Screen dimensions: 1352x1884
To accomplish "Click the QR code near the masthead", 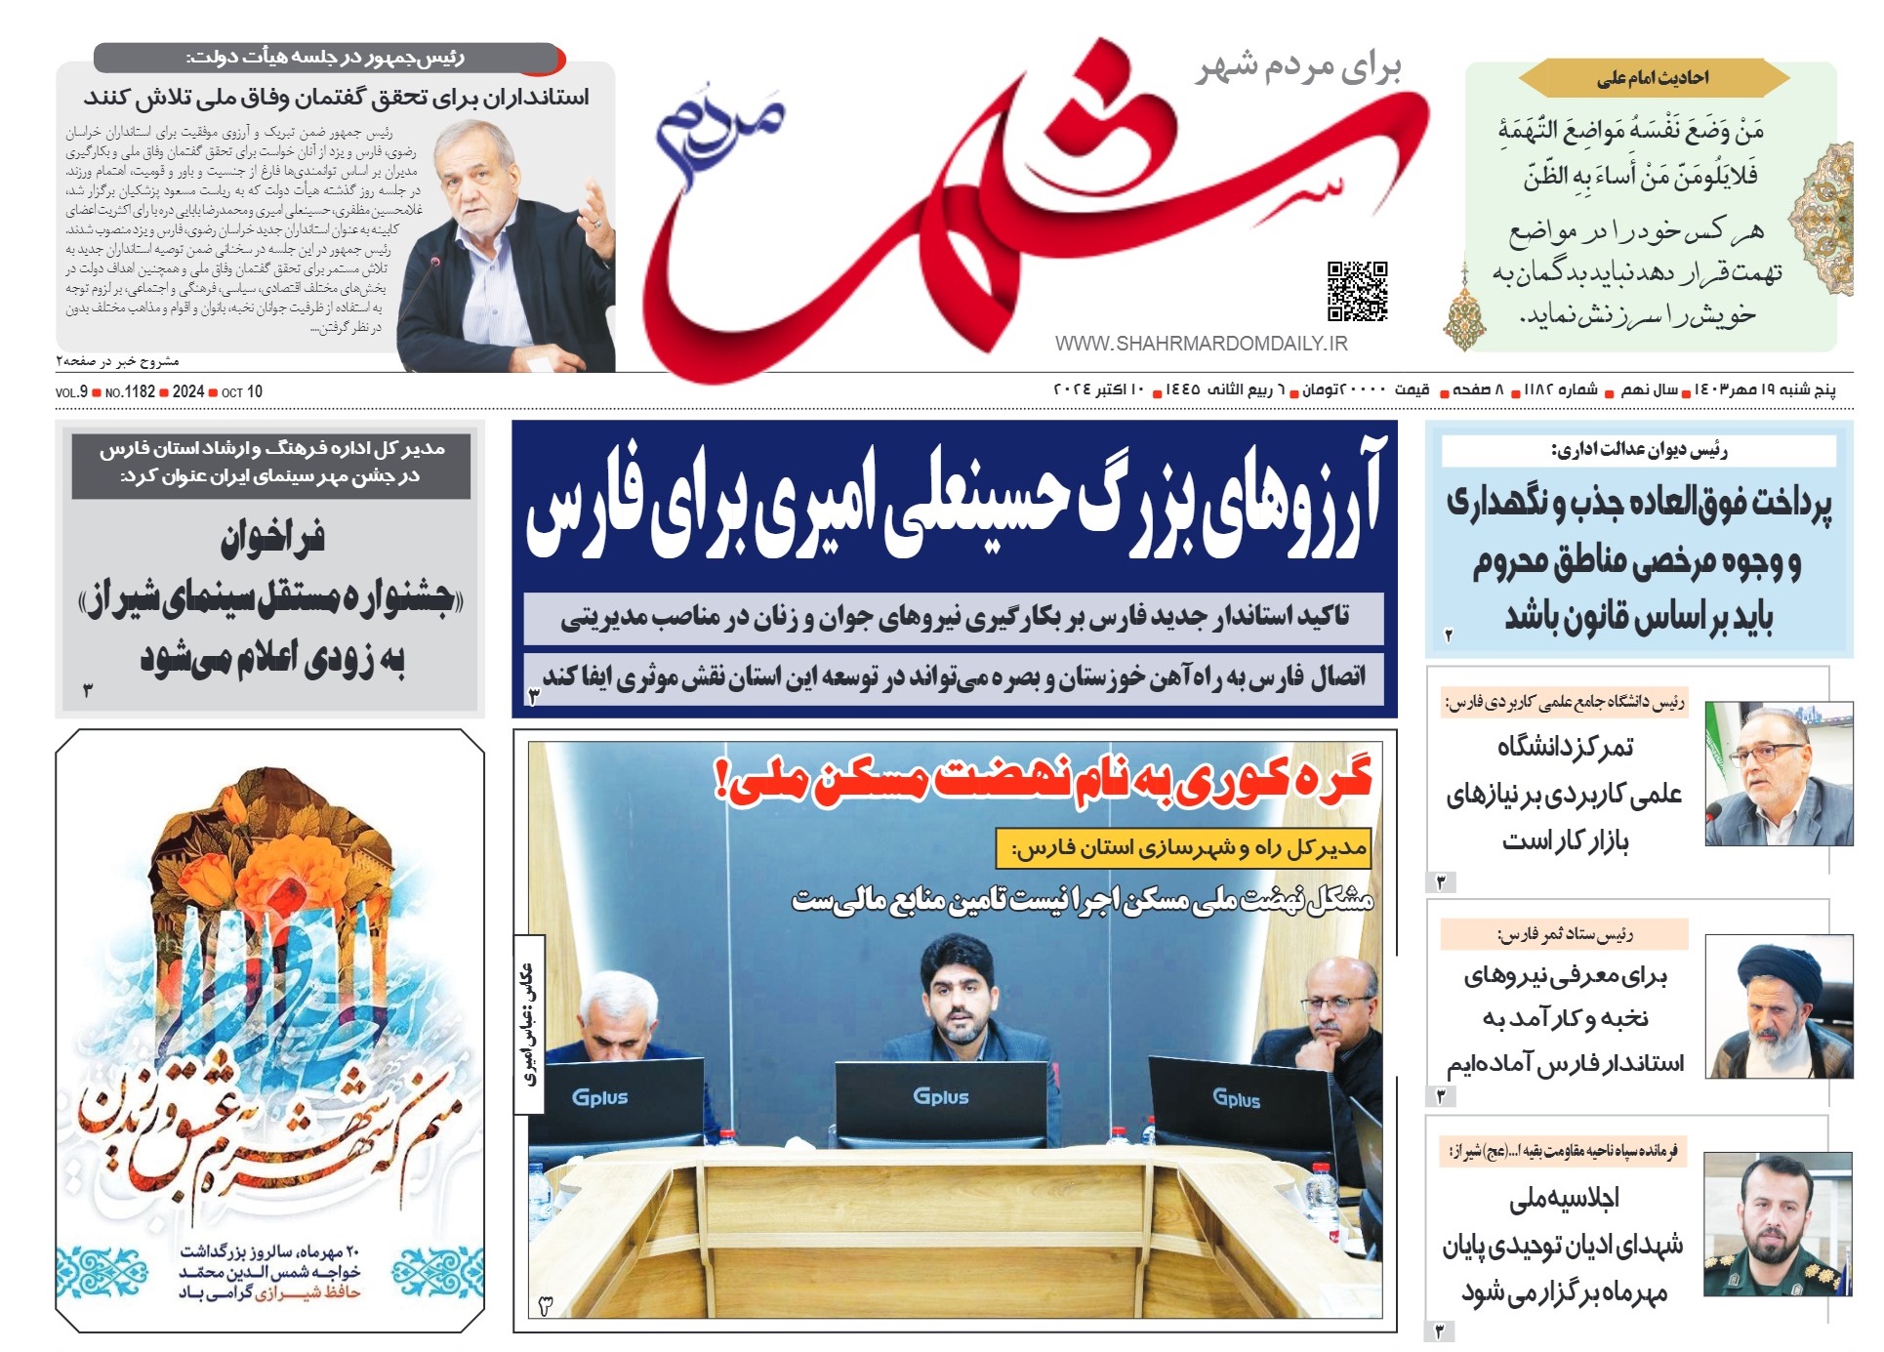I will point(1357,291).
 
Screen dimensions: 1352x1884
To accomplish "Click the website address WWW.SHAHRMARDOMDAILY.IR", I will point(1201,344).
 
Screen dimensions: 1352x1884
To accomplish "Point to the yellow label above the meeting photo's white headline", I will point(1183,848).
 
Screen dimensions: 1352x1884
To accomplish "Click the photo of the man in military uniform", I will point(1777,1225).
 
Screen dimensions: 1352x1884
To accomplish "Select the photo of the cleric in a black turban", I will point(1779,1006).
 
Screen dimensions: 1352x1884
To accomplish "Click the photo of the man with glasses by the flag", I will point(1779,774).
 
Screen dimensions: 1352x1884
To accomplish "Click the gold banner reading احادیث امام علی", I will point(1653,78).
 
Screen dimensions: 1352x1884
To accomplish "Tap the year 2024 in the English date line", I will point(187,391).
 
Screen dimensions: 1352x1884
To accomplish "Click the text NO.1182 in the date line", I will point(130,391).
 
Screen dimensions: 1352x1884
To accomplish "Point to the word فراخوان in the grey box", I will point(271,538).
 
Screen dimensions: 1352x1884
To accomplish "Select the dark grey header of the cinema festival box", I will point(270,463).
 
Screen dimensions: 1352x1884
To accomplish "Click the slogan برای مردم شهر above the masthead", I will point(1298,66).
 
